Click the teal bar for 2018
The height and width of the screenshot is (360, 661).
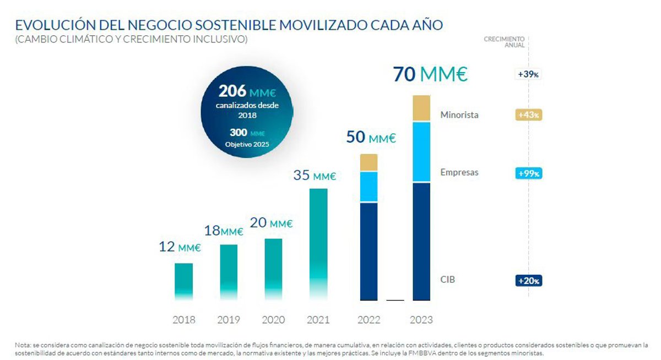click(183, 281)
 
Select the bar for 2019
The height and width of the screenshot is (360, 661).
click(229, 272)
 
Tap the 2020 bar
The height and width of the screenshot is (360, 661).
click(273, 269)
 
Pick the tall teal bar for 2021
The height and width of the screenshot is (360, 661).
click(318, 244)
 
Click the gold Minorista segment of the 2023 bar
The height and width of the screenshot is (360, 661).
click(421, 108)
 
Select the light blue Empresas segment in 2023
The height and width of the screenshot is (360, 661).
click(421, 152)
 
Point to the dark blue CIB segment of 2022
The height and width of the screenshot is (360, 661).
click(369, 251)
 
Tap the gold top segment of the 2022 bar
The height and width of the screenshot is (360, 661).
click(369, 162)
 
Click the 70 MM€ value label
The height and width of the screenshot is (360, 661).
click(430, 74)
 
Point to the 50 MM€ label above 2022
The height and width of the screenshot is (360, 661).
click(371, 137)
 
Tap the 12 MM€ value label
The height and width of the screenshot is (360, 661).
click(180, 247)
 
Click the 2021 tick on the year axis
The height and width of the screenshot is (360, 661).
click(318, 320)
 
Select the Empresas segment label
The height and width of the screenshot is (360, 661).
click(459, 172)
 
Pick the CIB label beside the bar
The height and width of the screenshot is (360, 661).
click(448, 280)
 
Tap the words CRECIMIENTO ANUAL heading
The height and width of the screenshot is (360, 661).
click(504, 42)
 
